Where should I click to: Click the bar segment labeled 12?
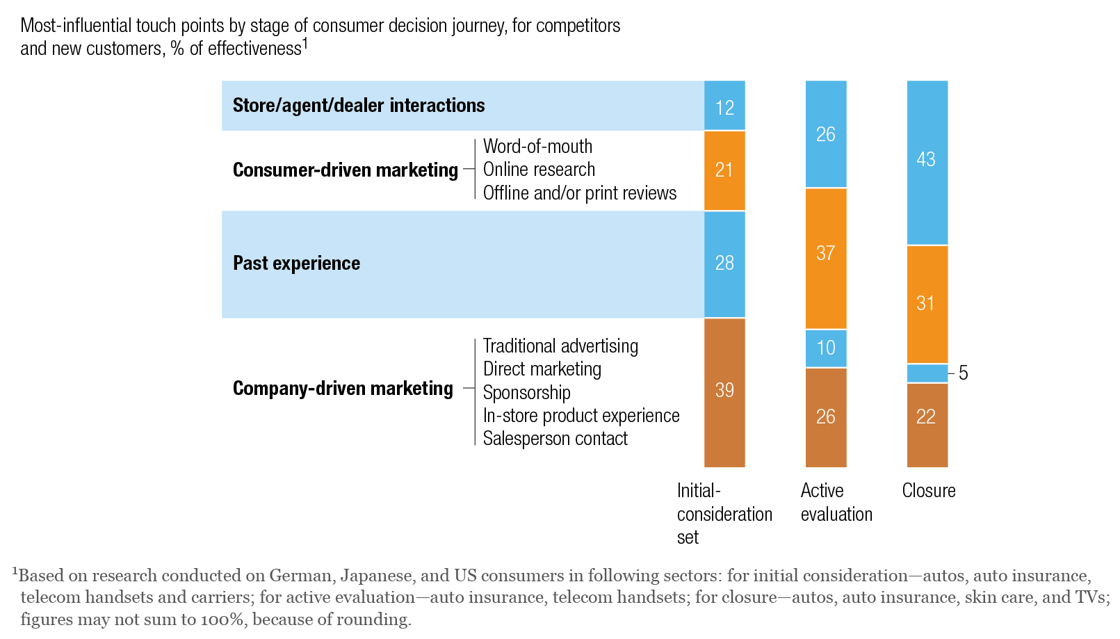tap(724, 106)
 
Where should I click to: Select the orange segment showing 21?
tap(724, 170)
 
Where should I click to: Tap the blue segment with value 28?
tap(724, 264)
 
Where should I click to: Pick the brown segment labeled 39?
tap(724, 391)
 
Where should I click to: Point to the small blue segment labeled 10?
tap(826, 348)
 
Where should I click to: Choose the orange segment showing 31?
tap(927, 304)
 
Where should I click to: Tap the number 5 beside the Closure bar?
tap(963, 373)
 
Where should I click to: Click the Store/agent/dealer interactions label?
tap(359, 106)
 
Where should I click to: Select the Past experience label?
tap(296, 264)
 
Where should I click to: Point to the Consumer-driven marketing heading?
tap(345, 170)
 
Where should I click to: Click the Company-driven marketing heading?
tap(343, 389)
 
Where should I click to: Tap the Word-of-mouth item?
tap(537, 147)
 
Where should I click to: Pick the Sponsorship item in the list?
tap(526, 393)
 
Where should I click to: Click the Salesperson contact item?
tap(555, 439)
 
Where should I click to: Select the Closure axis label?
tap(928, 491)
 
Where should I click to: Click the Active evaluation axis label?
tap(836, 503)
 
